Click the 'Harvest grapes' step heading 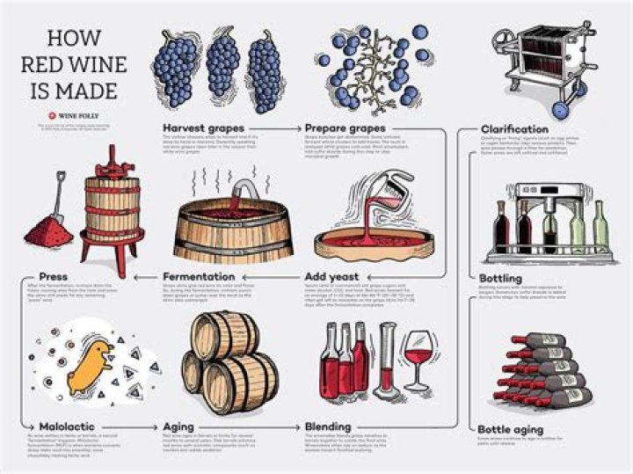click(x=203, y=128)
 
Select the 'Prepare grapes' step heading click(x=346, y=128)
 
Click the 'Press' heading click(x=54, y=277)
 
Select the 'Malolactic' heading click(x=66, y=426)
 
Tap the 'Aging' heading click(x=179, y=426)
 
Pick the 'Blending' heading click(x=327, y=426)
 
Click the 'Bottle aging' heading click(x=512, y=427)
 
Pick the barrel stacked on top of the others click(x=226, y=335)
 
